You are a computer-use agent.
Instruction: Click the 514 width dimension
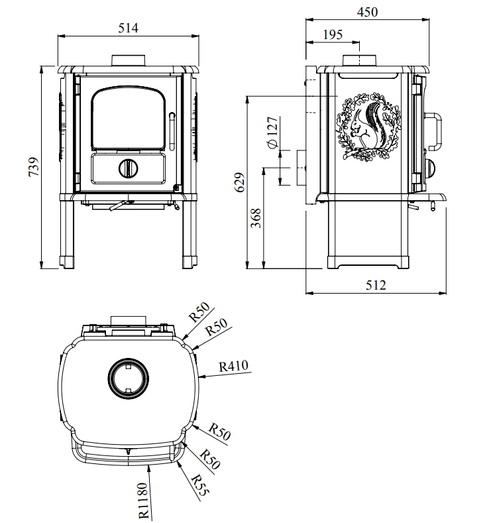coord(128,28)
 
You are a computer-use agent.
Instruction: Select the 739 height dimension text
coord(34,167)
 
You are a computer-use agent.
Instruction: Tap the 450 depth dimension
coord(367,12)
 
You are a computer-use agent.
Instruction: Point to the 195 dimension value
coord(333,34)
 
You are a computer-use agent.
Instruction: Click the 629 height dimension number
coord(241,182)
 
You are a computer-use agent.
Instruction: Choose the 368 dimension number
coord(256,218)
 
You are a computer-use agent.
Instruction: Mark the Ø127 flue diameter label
coord(272,133)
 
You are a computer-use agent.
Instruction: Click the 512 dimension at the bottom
coord(376,285)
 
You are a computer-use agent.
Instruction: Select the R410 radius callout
coord(234,367)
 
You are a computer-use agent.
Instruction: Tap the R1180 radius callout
coord(143,500)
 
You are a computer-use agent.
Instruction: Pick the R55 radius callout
coord(200,485)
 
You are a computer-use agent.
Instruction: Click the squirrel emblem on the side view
coord(368,127)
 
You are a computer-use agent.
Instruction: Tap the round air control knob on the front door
coord(129,168)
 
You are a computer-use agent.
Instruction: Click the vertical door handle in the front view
coord(172,131)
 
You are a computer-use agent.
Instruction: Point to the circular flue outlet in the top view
coord(129,378)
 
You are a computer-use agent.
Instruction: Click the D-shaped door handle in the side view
coord(434,131)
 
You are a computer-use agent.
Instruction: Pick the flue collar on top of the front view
coord(129,60)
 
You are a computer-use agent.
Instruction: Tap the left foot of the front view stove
coord(67,262)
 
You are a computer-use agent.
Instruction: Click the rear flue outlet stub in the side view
coord(301,168)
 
